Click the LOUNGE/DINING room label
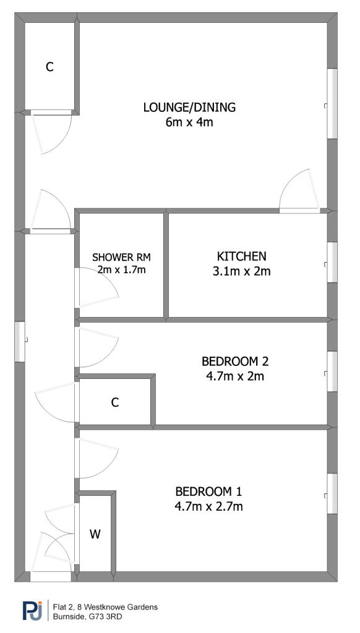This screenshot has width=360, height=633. tap(189, 108)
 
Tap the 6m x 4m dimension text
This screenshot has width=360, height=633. tap(189, 122)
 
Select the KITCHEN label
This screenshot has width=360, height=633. tap(242, 256)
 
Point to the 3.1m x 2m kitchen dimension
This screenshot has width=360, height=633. tap(242, 271)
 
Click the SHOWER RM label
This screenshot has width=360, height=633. tap(121, 257)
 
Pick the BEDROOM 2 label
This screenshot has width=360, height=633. tap(235, 361)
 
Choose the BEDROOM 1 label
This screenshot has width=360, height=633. tap(208, 491)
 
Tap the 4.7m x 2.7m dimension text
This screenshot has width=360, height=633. tap(208, 506)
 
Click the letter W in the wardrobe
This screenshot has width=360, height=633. tap(95, 535)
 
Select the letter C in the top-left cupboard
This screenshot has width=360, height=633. tap(49, 67)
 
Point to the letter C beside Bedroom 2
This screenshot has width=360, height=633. tap(115, 402)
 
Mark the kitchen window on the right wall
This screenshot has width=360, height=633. tap(332, 262)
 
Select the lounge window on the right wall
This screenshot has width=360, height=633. tap(332, 104)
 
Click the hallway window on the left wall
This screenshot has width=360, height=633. tap(20, 341)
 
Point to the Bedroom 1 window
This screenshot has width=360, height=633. tap(332, 493)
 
